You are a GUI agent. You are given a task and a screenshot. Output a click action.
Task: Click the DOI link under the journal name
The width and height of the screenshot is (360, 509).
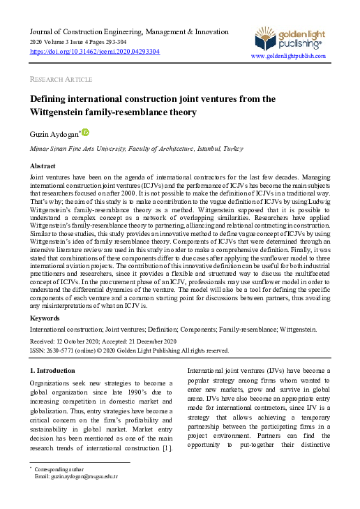pyautogui.click(x=95, y=52)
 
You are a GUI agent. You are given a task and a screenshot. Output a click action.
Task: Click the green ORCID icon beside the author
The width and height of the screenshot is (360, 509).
pyautogui.click(x=86, y=131)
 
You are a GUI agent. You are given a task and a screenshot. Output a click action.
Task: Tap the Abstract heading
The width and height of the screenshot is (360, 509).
pyautogui.click(x=43, y=166)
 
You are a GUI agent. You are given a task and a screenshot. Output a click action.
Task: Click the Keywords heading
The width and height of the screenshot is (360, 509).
pyautogui.click(x=45, y=318)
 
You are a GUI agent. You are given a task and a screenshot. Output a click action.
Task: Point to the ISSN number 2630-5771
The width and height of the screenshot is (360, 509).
pyautogui.click(x=61, y=350)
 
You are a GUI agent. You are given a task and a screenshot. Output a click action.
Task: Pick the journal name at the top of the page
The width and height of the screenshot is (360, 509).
pyautogui.click(x=124, y=32)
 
